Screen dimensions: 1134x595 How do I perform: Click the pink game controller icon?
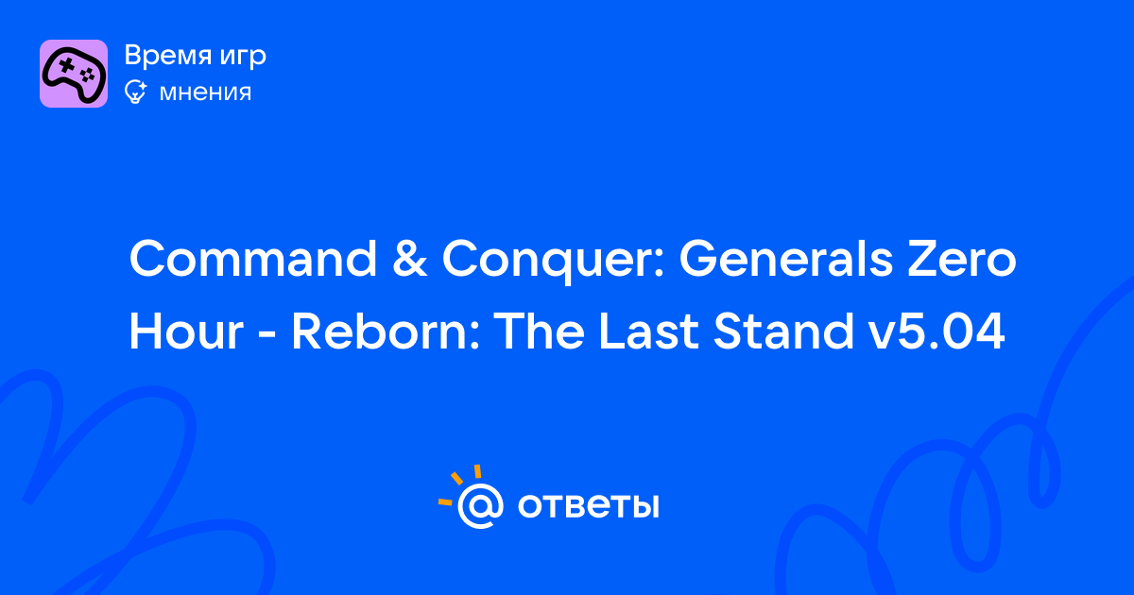click(74, 74)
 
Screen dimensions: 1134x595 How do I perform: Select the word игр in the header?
click(243, 58)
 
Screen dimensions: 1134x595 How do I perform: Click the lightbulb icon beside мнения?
click(136, 92)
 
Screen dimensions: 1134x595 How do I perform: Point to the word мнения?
click(205, 93)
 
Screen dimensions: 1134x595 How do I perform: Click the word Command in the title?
click(253, 258)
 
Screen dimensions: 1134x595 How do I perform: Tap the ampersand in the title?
click(409, 259)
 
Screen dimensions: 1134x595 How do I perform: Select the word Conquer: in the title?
click(553, 262)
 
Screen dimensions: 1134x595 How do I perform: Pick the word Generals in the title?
click(785, 258)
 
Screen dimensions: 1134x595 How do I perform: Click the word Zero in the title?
click(961, 259)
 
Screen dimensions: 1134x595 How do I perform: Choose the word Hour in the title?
click(186, 331)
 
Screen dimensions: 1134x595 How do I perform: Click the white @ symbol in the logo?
click(480, 505)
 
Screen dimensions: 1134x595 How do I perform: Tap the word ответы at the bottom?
click(588, 505)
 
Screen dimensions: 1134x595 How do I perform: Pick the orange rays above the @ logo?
click(459, 485)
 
